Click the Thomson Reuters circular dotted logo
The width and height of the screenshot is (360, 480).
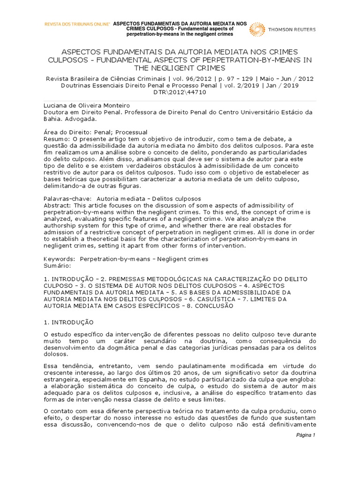tap(257, 29)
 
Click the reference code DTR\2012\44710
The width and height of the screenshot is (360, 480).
tap(180, 92)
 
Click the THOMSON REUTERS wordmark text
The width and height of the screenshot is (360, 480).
tap(292, 29)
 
